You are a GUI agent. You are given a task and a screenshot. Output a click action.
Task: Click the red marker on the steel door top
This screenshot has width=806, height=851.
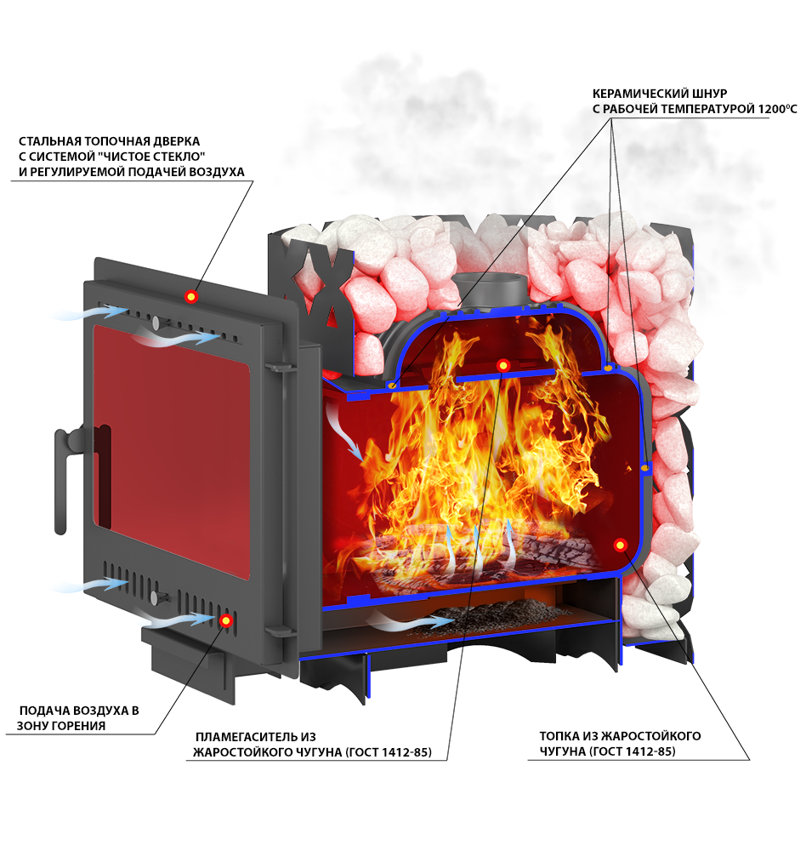(x=190, y=296)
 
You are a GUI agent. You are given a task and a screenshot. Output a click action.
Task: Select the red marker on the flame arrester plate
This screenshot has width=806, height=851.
(x=502, y=365)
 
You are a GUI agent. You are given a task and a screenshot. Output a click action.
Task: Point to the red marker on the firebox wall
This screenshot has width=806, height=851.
(x=621, y=545)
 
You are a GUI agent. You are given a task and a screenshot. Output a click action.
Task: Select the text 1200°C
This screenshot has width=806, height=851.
(x=777, y=109)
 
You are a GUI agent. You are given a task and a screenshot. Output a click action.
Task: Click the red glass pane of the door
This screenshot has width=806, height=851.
(x=171, y=454)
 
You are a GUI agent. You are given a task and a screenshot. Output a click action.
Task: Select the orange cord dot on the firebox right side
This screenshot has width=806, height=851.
(x=644, y=467)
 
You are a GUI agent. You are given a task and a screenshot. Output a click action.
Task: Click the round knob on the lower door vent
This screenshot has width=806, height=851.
(x=155, y=598)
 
